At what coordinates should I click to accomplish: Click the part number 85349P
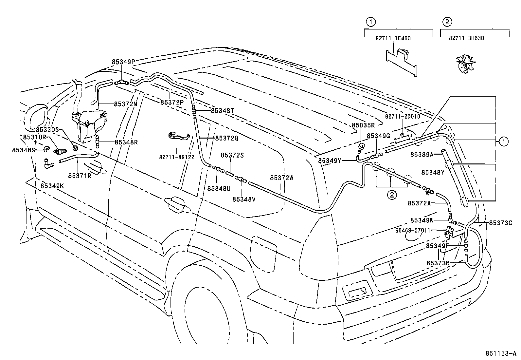pos(123,62)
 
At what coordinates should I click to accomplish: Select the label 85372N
pos(125,104)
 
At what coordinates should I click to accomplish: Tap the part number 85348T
pos(223,111)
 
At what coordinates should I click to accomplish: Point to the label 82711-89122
pos(177,157)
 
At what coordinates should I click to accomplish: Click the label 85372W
pos(282,178)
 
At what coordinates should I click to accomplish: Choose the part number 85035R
pos(363,125)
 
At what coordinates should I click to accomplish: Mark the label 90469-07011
pos(413,231)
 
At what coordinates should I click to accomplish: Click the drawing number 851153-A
pos(500,354)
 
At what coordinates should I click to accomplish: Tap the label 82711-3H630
pos(466,38)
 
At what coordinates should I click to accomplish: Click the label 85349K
pos(52,186)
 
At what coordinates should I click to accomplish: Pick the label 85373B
pos(438,263)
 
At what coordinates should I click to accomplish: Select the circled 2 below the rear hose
pos(392,195)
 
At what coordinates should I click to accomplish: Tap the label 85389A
pos(422,154)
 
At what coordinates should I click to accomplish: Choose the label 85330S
pos(47,130)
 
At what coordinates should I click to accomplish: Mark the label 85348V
pos(244,199)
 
